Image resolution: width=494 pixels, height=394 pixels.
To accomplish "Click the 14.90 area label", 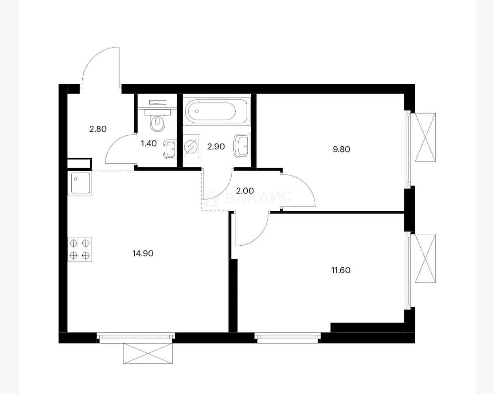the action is [143, 253].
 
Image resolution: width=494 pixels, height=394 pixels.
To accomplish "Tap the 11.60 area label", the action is [341, 270].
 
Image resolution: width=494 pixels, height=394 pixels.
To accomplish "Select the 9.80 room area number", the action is [341, 149].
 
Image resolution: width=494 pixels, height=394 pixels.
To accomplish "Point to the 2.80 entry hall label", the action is [98, 129].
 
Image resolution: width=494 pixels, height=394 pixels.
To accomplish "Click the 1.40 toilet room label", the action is [149, 144].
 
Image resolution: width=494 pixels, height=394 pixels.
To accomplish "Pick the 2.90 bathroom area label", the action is [216, 146].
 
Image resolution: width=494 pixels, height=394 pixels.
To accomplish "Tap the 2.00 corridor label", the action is [245, 190].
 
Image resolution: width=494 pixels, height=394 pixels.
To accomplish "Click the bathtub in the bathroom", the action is [216, 111].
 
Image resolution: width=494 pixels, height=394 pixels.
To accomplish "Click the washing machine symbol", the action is [191, 147].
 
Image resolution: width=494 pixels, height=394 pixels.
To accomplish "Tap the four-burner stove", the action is [80, 249].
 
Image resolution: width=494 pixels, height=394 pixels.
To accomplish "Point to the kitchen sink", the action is [80, 183].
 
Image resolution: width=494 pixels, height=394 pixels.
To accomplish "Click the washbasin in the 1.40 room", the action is [169, 149].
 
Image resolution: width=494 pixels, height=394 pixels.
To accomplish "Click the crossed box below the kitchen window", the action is [148, 353].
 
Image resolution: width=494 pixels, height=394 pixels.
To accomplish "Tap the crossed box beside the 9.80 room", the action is [425, 137].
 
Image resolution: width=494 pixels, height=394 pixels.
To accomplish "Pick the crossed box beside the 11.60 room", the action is [425, 258].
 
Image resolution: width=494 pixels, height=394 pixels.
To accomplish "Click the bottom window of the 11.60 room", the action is [288, 338].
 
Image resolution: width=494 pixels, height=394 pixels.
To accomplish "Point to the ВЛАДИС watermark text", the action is [259, 197].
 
